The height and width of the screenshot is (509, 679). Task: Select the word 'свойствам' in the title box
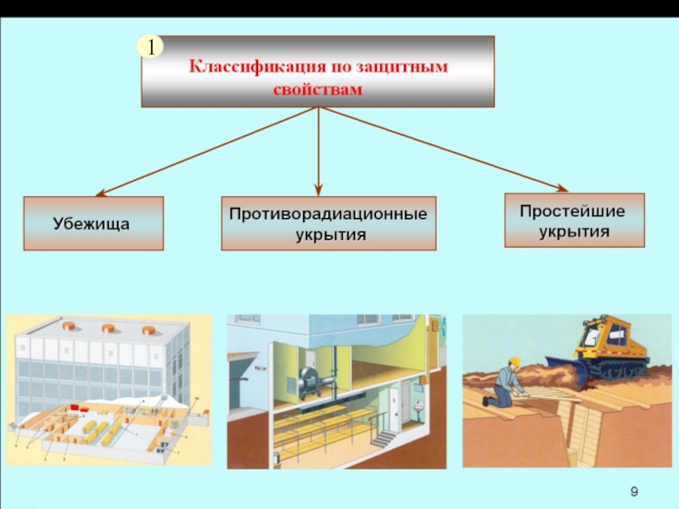pyautogui.click(x=317, y=88)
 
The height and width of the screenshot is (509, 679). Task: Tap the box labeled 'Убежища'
pyautogui.click(x=93, y=224)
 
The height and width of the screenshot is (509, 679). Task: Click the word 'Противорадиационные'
pyautogui.click(x=328, y=213)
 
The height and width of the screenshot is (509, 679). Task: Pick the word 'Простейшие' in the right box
pyautogui.click(x=574, y=210)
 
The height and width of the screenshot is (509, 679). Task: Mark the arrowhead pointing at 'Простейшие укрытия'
pyautogui.click(x=561, y=187)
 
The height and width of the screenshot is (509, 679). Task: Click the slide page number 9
pyautogui.click(x=635, y=493)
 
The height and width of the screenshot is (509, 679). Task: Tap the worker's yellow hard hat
pyautogui.click(x=513, y=361)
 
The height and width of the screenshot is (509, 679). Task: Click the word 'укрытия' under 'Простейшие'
pyautogui.click(x=574, y=231)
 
